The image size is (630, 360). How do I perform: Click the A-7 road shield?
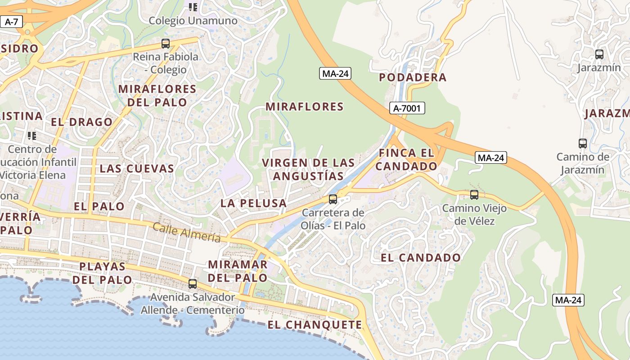pos(11,21)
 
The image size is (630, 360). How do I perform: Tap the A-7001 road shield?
pos(407,108)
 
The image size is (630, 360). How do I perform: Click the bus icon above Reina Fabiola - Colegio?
pos(166,44)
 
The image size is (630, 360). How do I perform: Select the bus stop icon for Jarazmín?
pos(599,54)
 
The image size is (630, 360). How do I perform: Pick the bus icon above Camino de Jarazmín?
pos(583,144)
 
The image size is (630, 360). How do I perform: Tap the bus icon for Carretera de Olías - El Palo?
pos(333,199)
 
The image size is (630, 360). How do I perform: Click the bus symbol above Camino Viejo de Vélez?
pos(474,195)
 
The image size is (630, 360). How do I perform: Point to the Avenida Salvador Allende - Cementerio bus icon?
pos(193,284)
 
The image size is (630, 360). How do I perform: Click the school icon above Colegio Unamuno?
pos(193,7)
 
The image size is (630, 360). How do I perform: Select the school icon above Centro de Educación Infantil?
pos(31,135)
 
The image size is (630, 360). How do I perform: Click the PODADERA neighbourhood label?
pos(413,77)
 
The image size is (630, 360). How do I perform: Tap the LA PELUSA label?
pos(254,203)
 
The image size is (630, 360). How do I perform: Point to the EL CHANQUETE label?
pos(315,325)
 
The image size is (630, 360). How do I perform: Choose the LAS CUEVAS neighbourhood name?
pos(137,169)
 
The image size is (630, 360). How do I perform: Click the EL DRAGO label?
pos(81,122)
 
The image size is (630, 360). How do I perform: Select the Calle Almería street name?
pos(186,233)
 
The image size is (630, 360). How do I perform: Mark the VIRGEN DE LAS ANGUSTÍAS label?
pos(308,169)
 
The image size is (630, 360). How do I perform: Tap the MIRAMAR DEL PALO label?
pos(238,271)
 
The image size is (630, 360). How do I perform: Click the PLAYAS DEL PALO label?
pos(103,273)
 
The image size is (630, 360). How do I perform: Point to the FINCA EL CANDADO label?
pos(406,159)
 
